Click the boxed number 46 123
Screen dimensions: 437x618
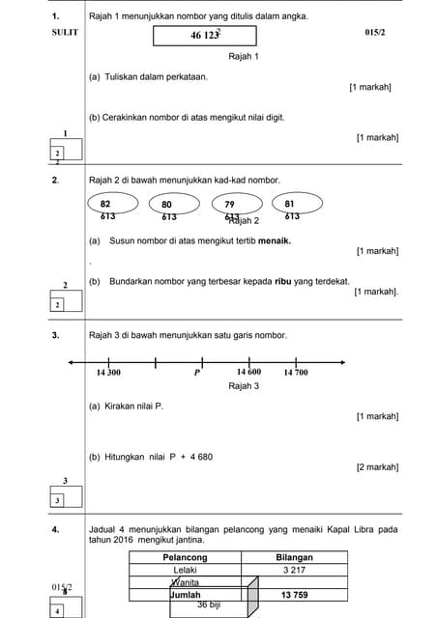click(x=205, y=37)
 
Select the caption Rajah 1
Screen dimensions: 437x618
click(x=243, y=57)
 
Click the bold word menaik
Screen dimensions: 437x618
click(x=273, y=240)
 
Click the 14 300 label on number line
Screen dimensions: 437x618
click(x=108, y=372)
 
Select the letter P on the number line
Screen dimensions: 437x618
click(x=196, y=372)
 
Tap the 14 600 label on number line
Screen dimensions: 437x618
click(x=248, y=372)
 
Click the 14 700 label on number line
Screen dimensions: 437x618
click(x=295, y=372)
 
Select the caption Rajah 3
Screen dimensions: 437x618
click(x=243, y=385)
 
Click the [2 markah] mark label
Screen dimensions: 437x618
click(x=377, y=467)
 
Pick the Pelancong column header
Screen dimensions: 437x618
click(x=185, y=557)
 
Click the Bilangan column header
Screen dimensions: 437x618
click(x=294, y=557)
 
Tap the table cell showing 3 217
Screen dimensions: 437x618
click(x=294, y=570)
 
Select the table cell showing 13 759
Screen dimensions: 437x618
click(x=294, y=595)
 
